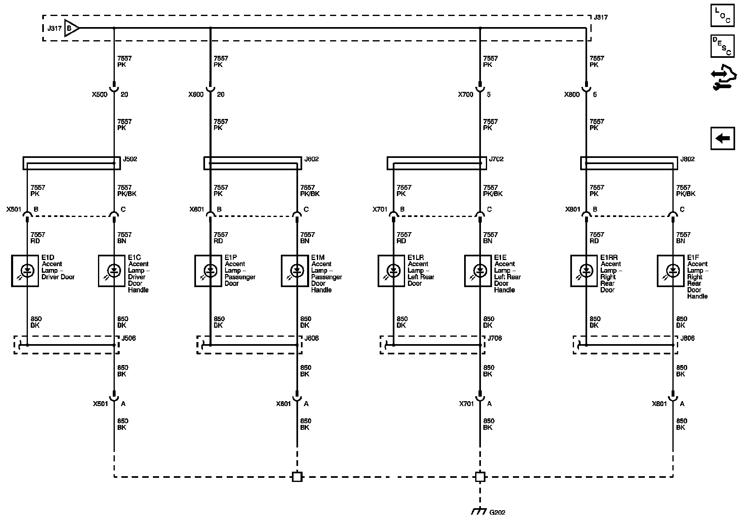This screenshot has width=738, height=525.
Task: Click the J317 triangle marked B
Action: coord(71,28)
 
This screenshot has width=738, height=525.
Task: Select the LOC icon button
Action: coord(722,16)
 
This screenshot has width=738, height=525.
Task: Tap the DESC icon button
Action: coord(722,46)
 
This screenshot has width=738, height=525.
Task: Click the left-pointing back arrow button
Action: coord(722,138)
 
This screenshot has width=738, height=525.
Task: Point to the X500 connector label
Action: coord(100,95)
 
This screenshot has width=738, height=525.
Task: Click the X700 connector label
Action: coord(465,95)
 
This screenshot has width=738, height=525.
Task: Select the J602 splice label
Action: coord(312,159)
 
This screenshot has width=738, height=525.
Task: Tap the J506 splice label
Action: coord(129,338)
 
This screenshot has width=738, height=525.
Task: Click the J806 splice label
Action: coord(688,338)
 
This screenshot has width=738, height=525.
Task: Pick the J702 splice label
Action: coord(496,159)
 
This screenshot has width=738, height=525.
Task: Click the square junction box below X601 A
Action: coord(297,477)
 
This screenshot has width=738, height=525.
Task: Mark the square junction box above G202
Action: coord(480,477)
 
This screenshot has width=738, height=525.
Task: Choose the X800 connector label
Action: coord(572,95)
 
